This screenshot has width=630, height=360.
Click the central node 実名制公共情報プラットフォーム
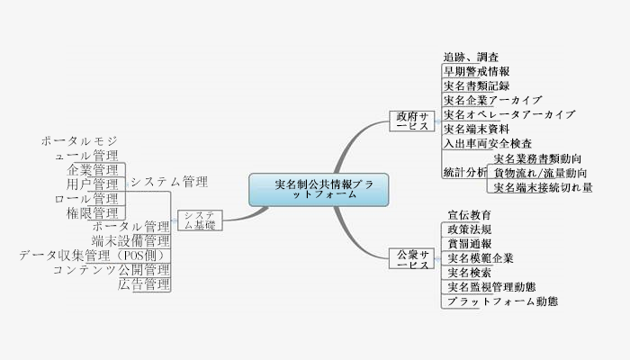tap(319, 189)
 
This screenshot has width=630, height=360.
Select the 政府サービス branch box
tap(413, 121)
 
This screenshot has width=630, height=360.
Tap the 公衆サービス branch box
tap(413, 259)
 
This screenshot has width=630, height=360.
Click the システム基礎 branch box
tap(200, 220)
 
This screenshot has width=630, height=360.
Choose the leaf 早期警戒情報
tap(477, 71)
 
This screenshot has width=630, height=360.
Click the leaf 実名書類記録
tap(477, 85)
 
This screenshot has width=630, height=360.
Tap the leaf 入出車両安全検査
tap(488, 143)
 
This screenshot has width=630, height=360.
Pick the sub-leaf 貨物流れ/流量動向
tap(538, 173)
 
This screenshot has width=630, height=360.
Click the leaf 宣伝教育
tap(469, 215)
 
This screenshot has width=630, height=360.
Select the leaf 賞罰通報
tap(469, 244)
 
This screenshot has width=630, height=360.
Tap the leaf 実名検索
tap(469, 273)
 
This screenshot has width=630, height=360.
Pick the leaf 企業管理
tap(94, 169)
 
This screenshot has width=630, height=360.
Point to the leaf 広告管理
tap(144, 284)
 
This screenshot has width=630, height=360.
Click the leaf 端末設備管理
tap(130, 241)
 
